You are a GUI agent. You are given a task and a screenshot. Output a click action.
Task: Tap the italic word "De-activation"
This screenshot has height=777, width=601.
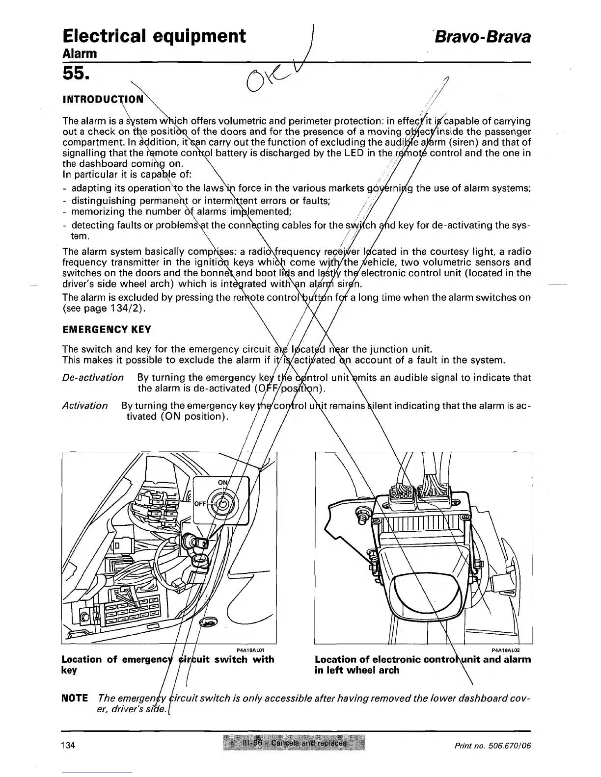click(93, 377)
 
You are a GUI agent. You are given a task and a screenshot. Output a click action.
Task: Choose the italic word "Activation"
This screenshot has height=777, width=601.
click(85, 406)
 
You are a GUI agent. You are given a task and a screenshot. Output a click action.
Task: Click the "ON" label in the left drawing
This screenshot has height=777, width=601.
click(223, 483)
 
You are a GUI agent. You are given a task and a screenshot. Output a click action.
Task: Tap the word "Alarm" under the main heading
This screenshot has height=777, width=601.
click(80, 52)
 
